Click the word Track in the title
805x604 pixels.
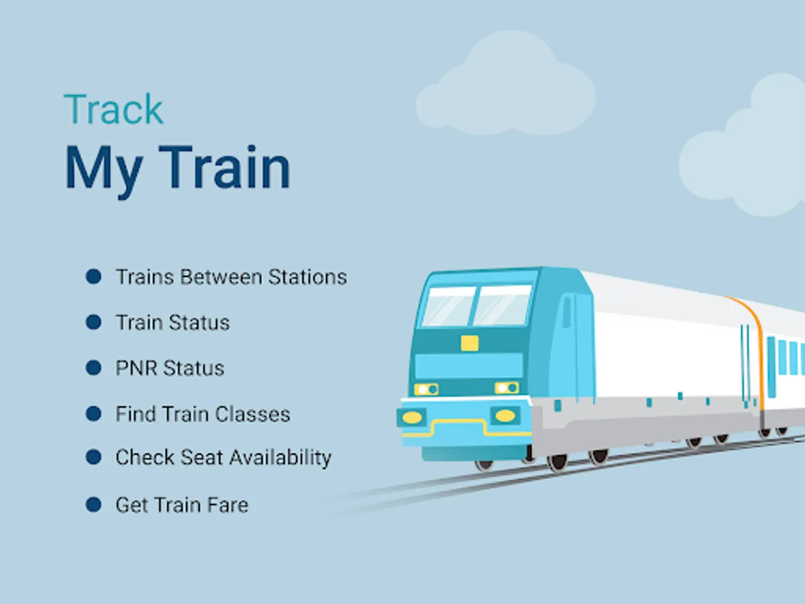(113, 110)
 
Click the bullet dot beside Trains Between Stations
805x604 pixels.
(93, 276)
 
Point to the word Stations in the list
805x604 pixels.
(308, 276)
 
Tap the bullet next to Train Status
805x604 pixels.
(93, 322)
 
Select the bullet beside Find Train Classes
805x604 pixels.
(93, 413)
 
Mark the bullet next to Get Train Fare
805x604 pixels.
(93, 505)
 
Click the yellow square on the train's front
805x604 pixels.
(470, 343)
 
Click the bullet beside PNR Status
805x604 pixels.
(93, 368)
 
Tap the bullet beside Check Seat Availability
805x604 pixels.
(93, 458)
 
